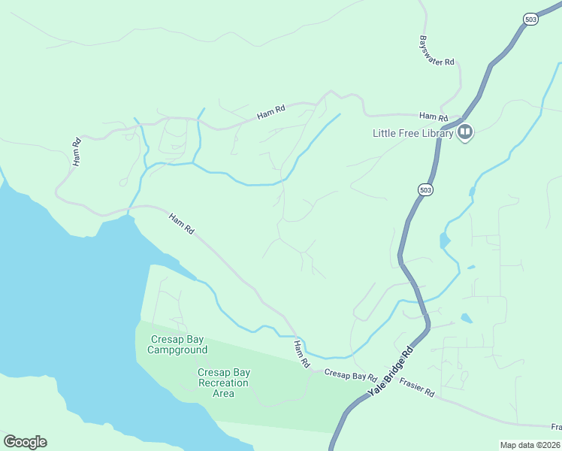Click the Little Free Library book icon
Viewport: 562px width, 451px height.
click(465, 133)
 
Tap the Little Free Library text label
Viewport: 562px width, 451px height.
click(413, 134)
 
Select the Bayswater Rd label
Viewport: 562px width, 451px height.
click(437, 52)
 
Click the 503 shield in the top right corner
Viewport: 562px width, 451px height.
click(530, 20)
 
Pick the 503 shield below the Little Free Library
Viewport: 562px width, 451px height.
click(425, 190)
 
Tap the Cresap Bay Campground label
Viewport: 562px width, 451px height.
click(177, 344)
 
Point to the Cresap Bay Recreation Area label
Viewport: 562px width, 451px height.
click(224, 383)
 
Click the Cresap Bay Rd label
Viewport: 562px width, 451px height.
click(349, 374)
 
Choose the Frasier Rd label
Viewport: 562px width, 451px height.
click(417, 387)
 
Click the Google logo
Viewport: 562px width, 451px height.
click(25, 441)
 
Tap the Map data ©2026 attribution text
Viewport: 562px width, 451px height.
click(530, 445)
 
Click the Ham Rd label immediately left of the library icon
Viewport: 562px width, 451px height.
click(433, 117)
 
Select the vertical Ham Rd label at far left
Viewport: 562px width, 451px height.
click(76, 153)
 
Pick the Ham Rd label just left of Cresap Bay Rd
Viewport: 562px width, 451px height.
click(301, 354)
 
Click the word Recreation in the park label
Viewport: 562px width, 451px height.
click(224, 383)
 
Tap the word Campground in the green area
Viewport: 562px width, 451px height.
click(177, 350)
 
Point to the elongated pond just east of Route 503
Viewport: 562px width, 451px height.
click(446, 241)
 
